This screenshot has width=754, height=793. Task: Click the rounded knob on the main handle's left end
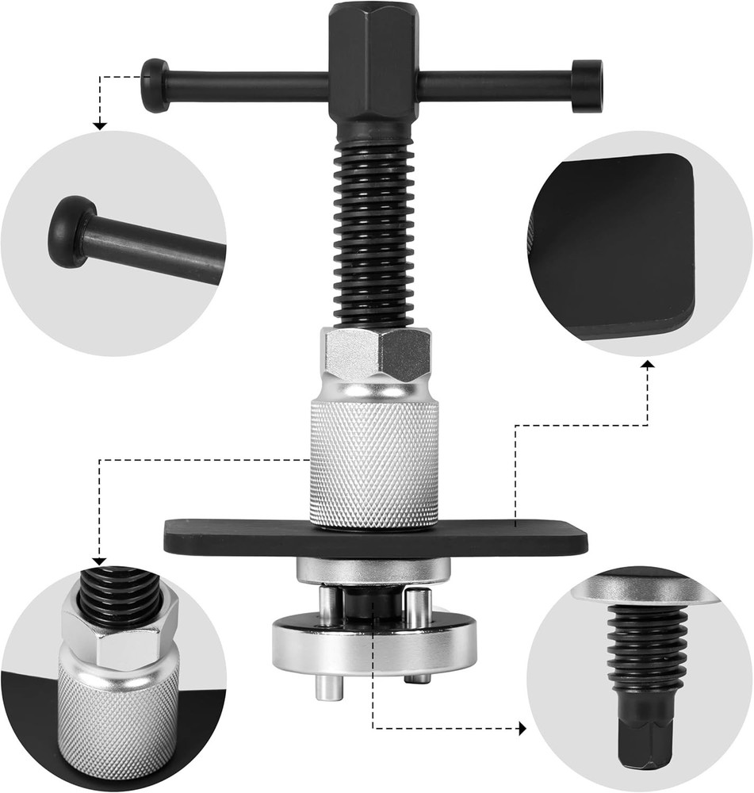click(x=155, y=85)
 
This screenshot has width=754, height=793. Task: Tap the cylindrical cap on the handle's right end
click(x=587, y=86)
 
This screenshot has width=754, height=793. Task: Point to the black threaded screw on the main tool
click(x=373, y=230)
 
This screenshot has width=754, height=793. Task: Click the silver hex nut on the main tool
click(x=375, y=353)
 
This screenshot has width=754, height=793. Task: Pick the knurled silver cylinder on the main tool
click(x=373, y=464)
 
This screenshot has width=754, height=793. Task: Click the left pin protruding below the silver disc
click(x=329, y=686)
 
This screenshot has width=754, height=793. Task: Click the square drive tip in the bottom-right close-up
click(x=644, y=737)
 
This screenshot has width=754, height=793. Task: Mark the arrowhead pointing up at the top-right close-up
click(x=648, y=364)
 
